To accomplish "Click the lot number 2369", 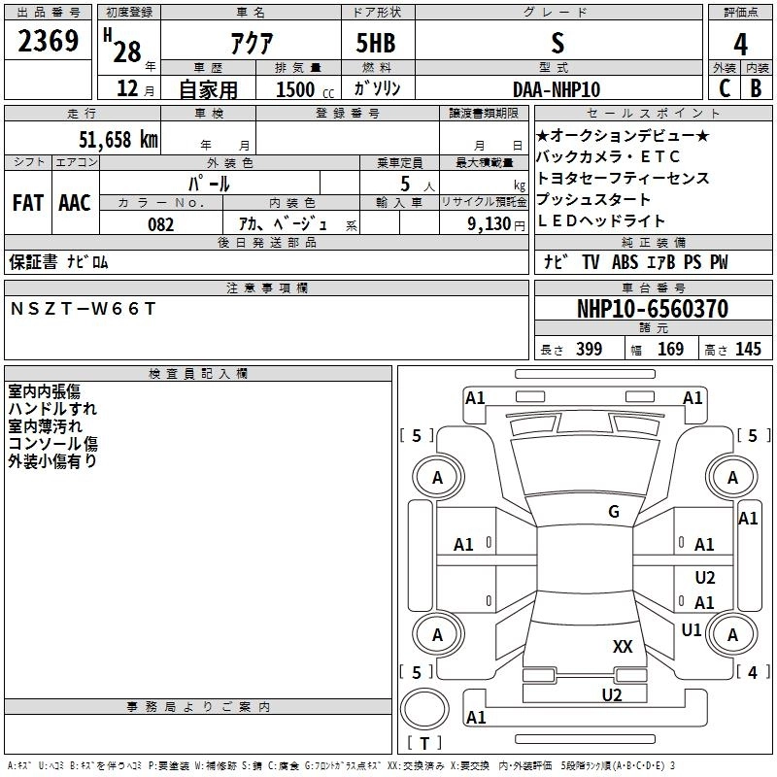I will [50, 43].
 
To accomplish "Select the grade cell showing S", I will [557, 43].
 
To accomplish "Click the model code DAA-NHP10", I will [557, 88].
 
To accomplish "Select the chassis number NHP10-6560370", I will [652, 309].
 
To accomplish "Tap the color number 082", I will [160, 224].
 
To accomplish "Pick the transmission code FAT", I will [28, 203].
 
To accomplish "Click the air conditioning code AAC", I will [75, 203].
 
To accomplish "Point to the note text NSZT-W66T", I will [83, 308].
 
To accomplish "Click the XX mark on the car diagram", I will [623, 646].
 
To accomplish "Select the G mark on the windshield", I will [613, 512].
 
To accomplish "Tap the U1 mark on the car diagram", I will [692, 629].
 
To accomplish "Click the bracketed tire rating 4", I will [749, 672].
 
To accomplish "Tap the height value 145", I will [748, 350].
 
